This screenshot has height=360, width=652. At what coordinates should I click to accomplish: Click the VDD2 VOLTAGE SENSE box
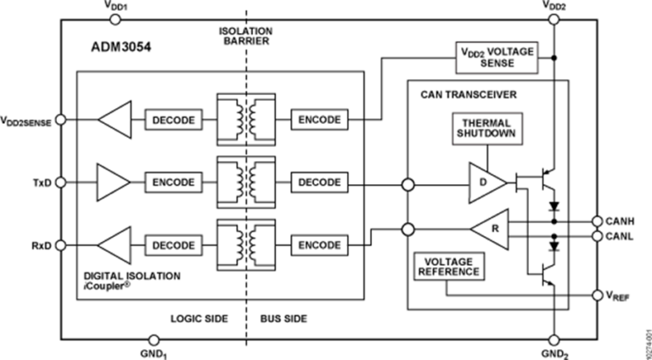click(x=497, y=57)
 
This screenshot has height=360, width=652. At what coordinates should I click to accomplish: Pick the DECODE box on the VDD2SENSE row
click(x=174, y=121)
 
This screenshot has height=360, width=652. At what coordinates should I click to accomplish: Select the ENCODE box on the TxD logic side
click(x=174, y=182)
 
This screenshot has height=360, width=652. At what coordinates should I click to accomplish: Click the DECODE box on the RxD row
click(x=174, y=245)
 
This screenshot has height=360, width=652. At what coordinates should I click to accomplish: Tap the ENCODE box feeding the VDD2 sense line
click(x=318, y=121)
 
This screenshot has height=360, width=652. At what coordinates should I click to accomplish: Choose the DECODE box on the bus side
click(x=318, y=182)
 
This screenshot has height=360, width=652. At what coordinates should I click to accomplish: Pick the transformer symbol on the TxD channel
click(x=246, y=182)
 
